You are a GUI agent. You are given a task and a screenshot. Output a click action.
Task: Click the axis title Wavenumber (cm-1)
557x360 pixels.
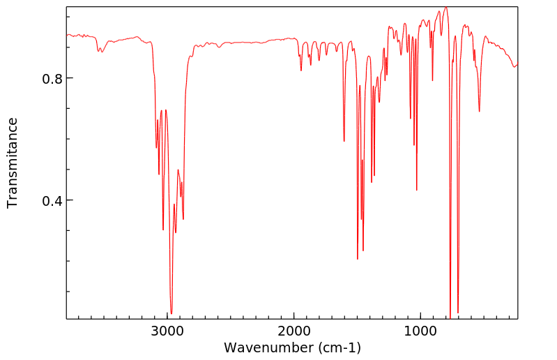[x=292, y=347]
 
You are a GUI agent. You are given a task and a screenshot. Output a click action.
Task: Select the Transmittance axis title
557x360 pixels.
[x=13, y=163]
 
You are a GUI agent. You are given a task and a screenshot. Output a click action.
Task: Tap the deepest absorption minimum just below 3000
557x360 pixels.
[x=171, y=313]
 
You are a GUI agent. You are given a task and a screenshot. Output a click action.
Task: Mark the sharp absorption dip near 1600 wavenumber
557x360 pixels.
[x=344, y=141]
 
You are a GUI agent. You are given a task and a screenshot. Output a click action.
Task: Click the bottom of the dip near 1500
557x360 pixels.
[x=358, y=259]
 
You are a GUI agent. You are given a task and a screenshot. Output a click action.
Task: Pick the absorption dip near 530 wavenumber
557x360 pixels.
[x=479, y=111]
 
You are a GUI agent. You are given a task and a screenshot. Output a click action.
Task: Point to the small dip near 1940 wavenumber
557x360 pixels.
[x=301, y=70]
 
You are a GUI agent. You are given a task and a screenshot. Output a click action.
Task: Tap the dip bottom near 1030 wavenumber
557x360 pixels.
[x=417, y=190]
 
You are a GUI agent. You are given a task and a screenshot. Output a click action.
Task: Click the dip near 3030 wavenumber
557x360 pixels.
[x=163, y=230]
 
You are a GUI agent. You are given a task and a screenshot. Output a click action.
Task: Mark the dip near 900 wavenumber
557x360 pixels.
[x=432, y=80]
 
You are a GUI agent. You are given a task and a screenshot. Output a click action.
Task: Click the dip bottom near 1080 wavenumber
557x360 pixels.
[x=411, y=119]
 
